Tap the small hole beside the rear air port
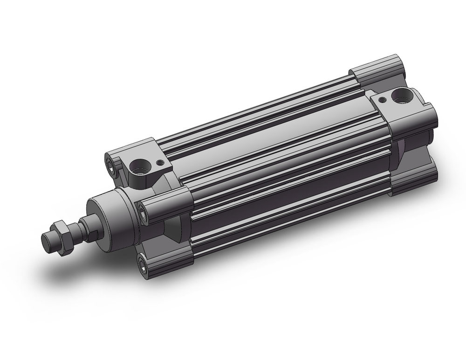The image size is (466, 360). pos(382,99)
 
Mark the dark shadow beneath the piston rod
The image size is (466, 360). pos(70,270)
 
